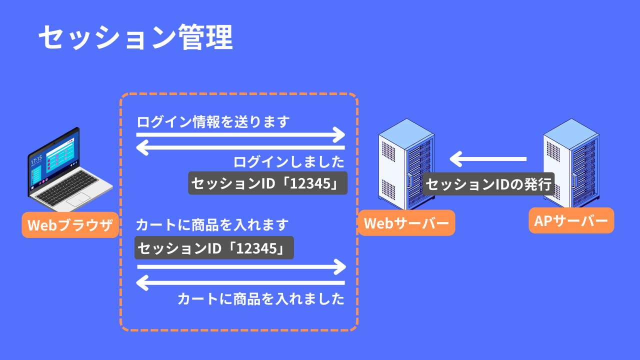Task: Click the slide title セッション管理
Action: pos(135,37)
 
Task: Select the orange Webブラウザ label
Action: pos(70,225)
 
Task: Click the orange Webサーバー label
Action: pos(406,223)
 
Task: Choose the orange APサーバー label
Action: pos(571,220)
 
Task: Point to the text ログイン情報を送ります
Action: pos(213,122)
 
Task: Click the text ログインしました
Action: pos(289,162)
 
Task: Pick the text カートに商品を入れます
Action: pos(212,225)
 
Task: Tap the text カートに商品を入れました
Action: pos(261,299)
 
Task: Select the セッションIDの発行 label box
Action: pos(489,184)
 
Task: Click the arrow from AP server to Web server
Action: pos(488,159)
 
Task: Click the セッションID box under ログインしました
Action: pos(268,183)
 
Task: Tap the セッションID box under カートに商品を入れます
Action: pos(214,248)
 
